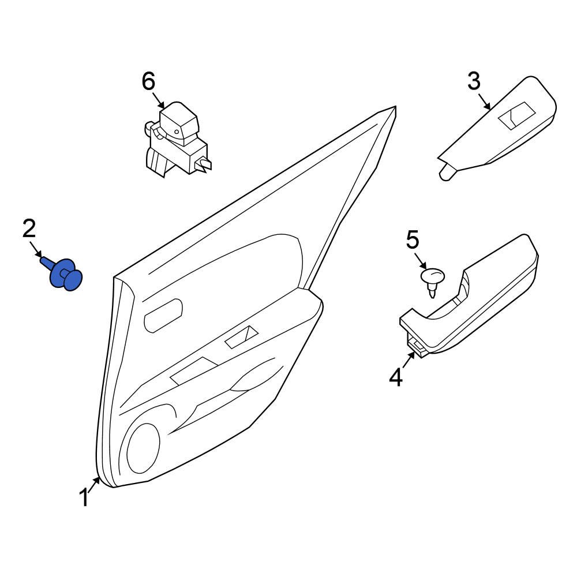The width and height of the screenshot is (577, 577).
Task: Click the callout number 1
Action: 84,497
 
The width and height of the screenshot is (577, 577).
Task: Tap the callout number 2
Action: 29,229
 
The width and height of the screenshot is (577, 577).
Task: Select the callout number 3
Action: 474,81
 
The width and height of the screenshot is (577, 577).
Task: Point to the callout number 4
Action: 396,377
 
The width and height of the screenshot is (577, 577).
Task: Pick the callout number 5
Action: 413,240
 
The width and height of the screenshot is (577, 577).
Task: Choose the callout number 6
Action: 148,81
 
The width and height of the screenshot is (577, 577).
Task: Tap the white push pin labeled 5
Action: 433,279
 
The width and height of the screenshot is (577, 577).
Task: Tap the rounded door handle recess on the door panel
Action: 163,314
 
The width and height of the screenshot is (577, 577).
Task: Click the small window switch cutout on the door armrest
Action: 242,337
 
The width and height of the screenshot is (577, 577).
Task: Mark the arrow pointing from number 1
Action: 95,482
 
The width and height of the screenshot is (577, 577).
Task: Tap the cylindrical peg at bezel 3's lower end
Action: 446,173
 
